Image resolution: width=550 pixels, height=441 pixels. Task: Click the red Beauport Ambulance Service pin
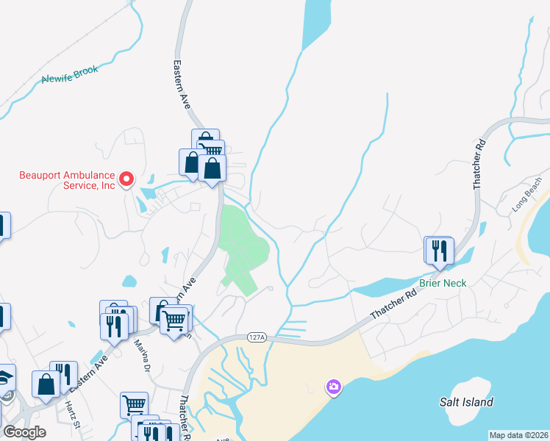click(x=126, y=178)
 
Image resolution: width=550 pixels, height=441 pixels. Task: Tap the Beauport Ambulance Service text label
click(x=67, y=180)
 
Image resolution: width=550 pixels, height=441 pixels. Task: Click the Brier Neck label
click(x=443, y=283)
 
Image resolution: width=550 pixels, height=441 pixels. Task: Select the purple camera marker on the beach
click(x=334, y=387)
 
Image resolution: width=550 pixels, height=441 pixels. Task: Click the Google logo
click(x=25, y=432)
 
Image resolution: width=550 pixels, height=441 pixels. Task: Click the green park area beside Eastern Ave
click(x=243, y=246)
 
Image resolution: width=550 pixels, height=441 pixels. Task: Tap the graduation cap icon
click(x=6, y=378)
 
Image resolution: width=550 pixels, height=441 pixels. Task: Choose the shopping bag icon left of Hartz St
click(x=46, y=384)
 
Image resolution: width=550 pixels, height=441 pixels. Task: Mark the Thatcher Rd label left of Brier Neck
click(x=393, y=303)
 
